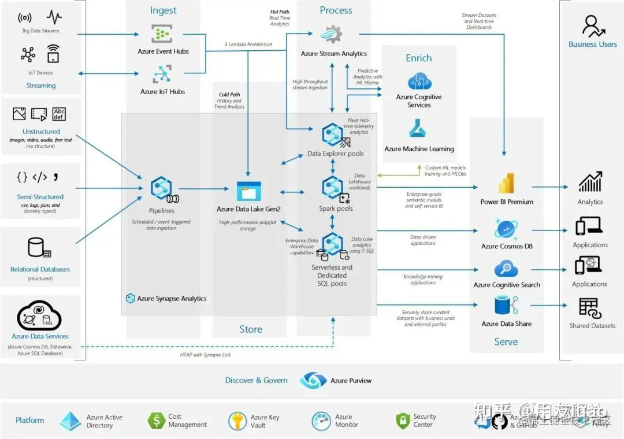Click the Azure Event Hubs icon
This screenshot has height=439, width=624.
pyautogui.click(x=163, y=34)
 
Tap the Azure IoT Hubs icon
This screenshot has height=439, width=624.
pyautogui.click(x=162, y=75)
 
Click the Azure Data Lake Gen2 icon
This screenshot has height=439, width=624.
pyautogui.click(x=248, y=191)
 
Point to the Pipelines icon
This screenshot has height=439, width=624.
pyautogui.click(x=161, y=189)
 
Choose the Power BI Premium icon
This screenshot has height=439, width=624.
pyautogui.click(x=506, y=184)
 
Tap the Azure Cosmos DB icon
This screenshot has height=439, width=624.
pyautogui.click(x=506, y=229)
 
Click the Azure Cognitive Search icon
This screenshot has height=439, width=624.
pyautogui.click(x=506, y=269)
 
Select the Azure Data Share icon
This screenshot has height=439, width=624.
pyautogui.click(x=506, y=306)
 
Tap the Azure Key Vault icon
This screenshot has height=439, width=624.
pyautogui.click(x=237, y=421)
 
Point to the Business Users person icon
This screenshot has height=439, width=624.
pyautogui.click(x=592, y=26)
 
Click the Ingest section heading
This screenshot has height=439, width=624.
pyautogui.click(x=164, y=10)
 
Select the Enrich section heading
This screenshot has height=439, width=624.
pyautogui.click(x=418, y=58)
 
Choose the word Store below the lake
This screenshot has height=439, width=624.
pyautogui.click(x=251, y=329)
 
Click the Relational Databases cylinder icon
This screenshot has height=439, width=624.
pyautogui.click(x=38, y=248)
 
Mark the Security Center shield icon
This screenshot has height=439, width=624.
pyautogui.click(x=403, y=421)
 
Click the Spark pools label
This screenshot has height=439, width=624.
pyautogui.click(x=336, y=209)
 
